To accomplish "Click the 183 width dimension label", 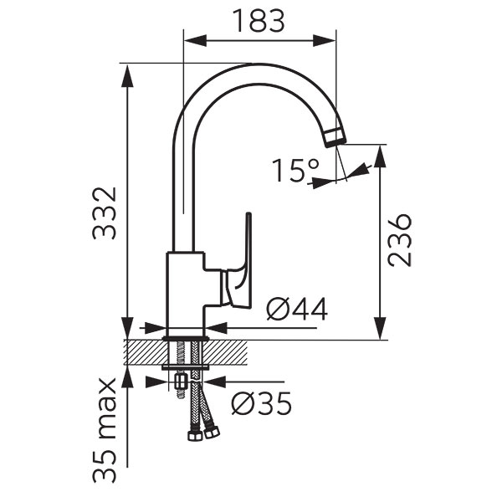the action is pyautogui.click(x=259, y=21).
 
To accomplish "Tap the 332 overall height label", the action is pyautogui.click(x=104, y=213).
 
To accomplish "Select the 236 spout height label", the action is pyautogui.click(x=399, y=240).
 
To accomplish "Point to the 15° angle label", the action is pyautogui.click(x=296, y=170).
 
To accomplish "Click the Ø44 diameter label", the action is pyautogui.click(x=297, y=309).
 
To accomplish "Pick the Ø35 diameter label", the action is pyautogui.click(x=262, y=403).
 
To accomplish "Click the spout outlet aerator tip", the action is pyautogui.click(x=335, y=136).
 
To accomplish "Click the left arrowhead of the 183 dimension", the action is pyautogui.click(x=196, y=41).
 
